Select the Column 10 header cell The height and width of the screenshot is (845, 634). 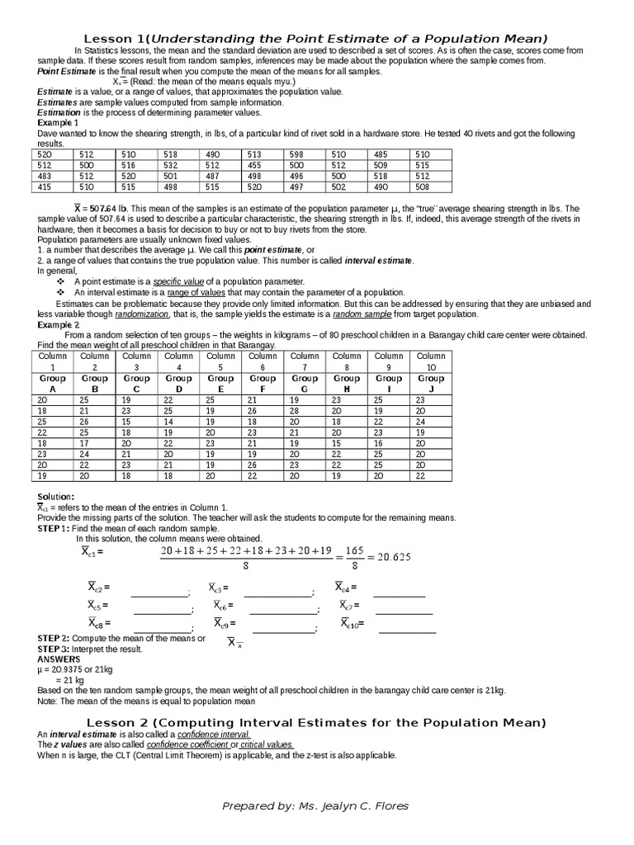(x=431, y=361)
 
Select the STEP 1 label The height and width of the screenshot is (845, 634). (x=53, y=527)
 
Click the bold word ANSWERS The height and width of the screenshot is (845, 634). (x=59, y=659)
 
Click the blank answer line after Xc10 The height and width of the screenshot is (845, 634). (x=407, y=631)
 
